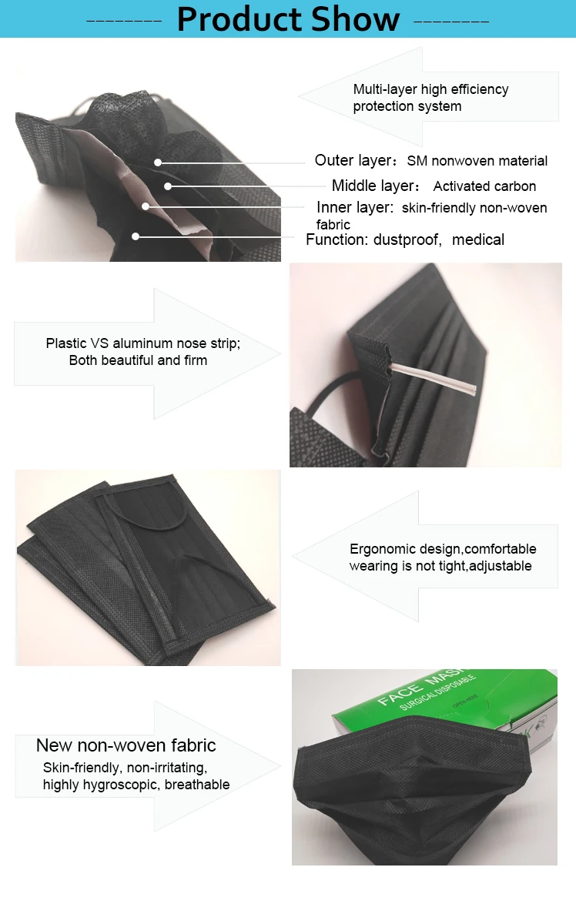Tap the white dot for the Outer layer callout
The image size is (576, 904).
tap(157, 162)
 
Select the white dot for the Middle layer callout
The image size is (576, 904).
tap(167, 186)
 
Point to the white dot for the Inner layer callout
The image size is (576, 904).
tap(146, 206)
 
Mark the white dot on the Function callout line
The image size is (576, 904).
tap(135, 236)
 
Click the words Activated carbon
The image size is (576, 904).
tap(484, 186)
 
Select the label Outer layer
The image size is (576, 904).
tap(354, 160)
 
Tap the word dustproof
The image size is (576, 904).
tap(407, 239)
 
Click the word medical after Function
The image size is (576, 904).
tap(478, 239)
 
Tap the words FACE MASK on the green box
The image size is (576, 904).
tap(421, 687)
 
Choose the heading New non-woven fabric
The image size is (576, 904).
tap(126, 745)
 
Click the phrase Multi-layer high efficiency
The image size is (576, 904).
tap(430, 89)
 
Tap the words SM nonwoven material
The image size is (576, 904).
tap(477, 161)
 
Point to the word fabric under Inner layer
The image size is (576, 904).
tap(333, 224)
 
